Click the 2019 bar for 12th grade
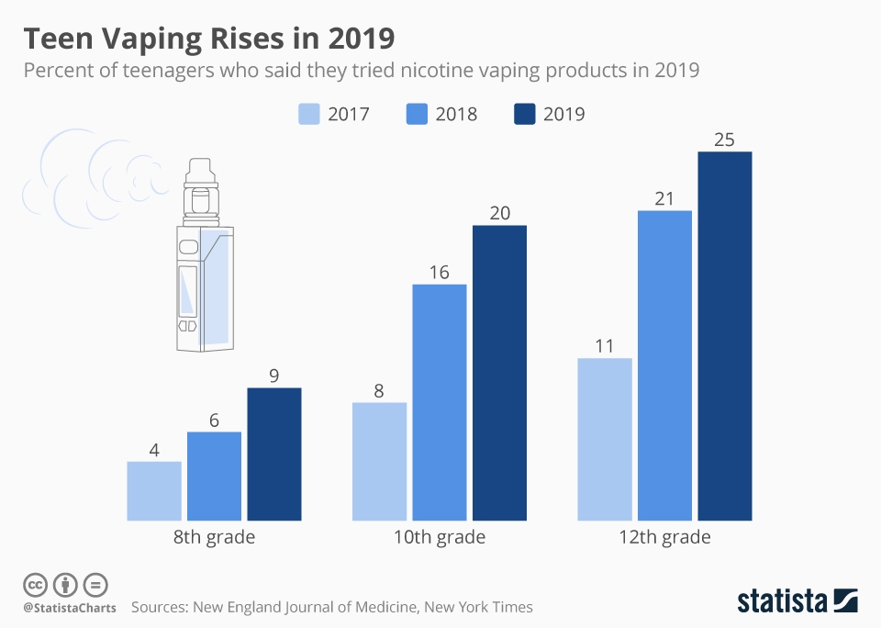pyautogui.click(x=724, y=335)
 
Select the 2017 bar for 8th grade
pyautogui.click(x=154, y=490)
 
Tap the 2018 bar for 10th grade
pyautogui.click(x=440, y=402)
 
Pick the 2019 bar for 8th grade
pyautogui.click(x=274, y=454)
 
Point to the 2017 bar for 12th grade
pyautogui.click(x=605, y=439)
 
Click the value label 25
pyautogui.click(x=724, y=140)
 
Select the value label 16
pyautogui.click(x=440, y=273)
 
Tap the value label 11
pyautogui.click(x=605, y=346)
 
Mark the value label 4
pyautogui.click(x=154, y=450)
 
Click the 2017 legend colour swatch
pyautogui.click(x=309, y=114)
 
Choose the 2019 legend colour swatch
pyautogui.click(x=524, y=114)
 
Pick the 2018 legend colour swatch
pyautogui.click(x=417, y=114)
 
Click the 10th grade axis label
pyautogui.click(x=440, y=537)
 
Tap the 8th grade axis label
pyautogui.click(x=214, y=537)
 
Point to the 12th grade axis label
pyautogui.click(x=664, y=537)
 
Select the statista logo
pyautogui.click(x=797, y=601)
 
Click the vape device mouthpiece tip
pyautogui.click(x=197, y=163)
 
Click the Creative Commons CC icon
pyautogui.click(x=35, y=584)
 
